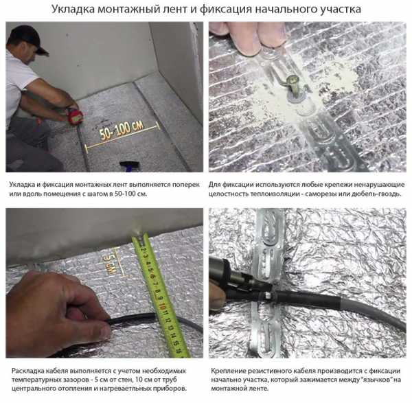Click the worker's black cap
[x=28, y=38]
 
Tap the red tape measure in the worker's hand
[x=76, y=115]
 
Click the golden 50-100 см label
[x=122, y=130]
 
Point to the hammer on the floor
[x=130, y=165]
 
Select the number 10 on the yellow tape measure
[x=162, y=306]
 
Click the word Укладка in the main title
[x=73, y=9]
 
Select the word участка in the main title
[x=341, y=10]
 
